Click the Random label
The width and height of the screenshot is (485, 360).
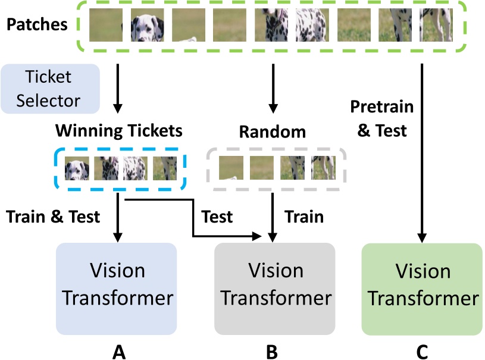click(273, 132)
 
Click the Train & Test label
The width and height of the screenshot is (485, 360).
click(53, 217)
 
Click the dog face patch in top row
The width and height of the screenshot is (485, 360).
click(147, 24)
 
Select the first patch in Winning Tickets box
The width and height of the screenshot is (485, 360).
click(77, 168)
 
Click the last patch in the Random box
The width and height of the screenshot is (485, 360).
click(323, 168)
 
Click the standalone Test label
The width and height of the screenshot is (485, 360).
click(217, 217)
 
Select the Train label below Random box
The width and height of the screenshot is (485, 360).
click(304, 217)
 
